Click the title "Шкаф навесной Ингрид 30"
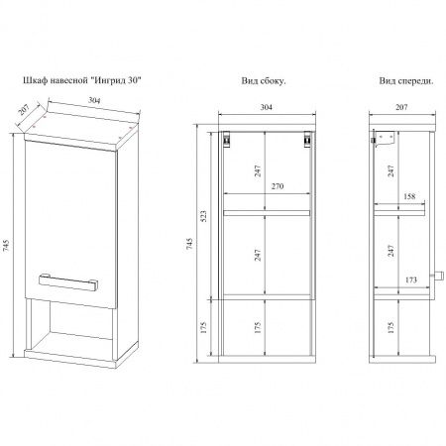tap(82, 80)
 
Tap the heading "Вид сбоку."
tap(264, 81)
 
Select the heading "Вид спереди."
tap(406, 81)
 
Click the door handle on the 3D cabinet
tap(68, 282)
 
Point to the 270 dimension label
tap(278, 186)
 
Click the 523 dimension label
tap(203, 216)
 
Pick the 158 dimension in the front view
tap(409, 196)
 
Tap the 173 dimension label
tap(410, 279)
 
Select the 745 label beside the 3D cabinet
tap(6, 246)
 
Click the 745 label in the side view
tap(189, 243)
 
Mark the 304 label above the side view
tap(267, 107)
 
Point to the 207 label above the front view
tap(401, 107)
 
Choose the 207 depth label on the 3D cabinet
tap(24, 109)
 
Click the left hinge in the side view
tap(226, 139)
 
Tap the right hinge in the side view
tap(307, 139)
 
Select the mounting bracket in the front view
tap(385, 139)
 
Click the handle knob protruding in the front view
tap(437, 275)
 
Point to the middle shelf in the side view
tap(267, 213)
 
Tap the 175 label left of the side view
tap(203, 327)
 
